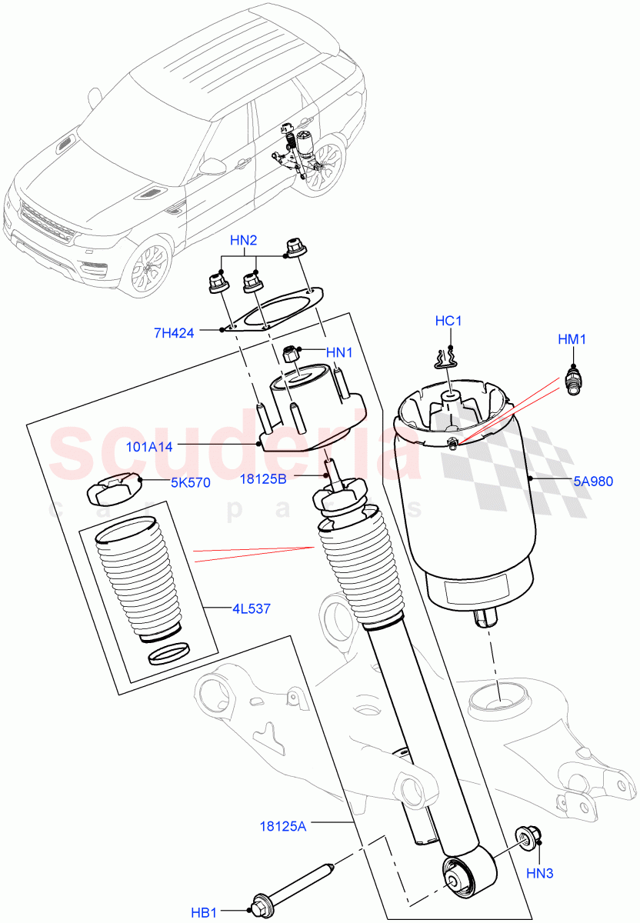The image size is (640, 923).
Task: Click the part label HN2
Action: pos(244,240)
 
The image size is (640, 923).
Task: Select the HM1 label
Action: pos(572,338)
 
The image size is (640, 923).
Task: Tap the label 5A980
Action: pos(592,482)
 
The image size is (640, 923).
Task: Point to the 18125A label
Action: pos(284,826)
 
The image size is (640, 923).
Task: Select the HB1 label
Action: pos(204,913)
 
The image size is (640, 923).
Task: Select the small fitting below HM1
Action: pos(572,382)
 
